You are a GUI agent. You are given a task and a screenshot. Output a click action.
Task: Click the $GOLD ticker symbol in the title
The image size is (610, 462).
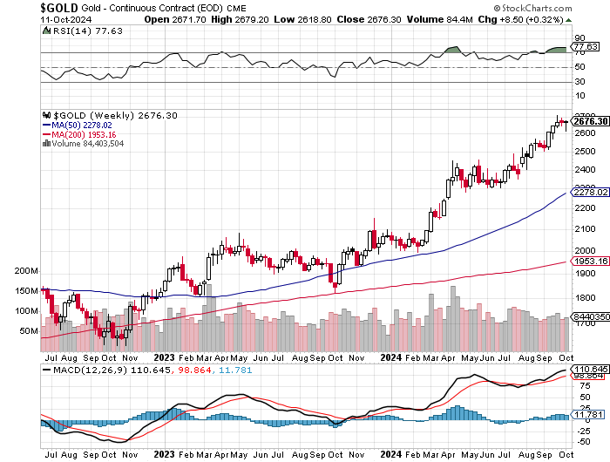(26, 7)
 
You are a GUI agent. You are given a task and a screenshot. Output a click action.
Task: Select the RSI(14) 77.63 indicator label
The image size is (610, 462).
(75, 30)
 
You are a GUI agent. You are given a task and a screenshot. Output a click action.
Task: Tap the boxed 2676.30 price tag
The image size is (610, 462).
(590, 121)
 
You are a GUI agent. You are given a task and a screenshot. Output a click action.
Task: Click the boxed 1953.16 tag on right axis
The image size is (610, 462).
(590, 261)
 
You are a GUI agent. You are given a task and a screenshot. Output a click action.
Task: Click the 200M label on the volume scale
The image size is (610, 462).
(27, 271)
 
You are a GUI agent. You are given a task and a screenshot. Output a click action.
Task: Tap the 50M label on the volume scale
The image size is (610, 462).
(30, 331)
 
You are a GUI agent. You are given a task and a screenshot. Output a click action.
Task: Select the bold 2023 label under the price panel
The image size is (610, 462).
(165, 356)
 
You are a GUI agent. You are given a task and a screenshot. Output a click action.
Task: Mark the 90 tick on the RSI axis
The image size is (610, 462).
(578, 38)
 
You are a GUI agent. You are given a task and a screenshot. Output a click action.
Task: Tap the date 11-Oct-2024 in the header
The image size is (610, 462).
(30, 18)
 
